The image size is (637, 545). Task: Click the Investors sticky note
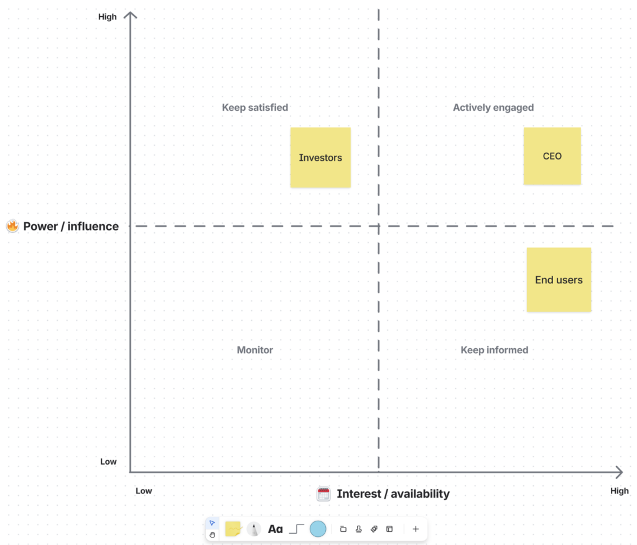click(320, 157)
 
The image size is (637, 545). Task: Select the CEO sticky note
click(552, 156)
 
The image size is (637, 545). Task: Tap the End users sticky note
click(559, 279)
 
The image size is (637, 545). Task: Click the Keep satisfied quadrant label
click(255, 107)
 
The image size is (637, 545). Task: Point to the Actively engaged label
click(493, 107)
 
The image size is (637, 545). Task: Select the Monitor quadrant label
click(255, 350)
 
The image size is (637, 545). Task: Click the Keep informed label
click(495, 350)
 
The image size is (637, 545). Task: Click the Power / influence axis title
click(71, 226)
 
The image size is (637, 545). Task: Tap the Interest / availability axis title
click(393, 494)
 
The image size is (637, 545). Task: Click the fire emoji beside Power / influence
click(12, 226)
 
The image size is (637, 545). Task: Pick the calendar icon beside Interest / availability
click(323, 494)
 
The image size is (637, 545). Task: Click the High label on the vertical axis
click(108, 17)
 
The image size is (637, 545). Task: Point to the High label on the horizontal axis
click(620, 491)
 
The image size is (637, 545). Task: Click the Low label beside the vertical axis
click(108, 462)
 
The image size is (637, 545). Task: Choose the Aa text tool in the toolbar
click(275, 529)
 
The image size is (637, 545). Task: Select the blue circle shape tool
click(318, 529)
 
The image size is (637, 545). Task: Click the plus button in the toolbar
click(416, 529)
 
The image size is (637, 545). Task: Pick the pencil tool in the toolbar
click(254, 529)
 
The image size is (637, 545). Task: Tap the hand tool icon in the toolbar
click(212, 534)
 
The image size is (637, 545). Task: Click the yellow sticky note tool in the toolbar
click(233, 529)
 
